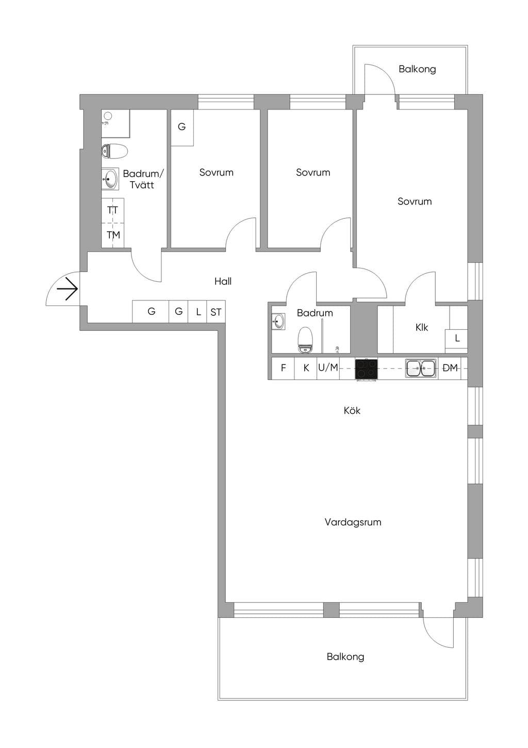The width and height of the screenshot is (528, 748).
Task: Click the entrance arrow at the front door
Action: pos(68,289)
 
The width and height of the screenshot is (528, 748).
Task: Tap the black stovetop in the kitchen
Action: pos(366,369)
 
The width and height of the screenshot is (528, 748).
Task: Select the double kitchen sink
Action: pos(421,369)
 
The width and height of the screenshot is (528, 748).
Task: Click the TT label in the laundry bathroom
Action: pos(113,211)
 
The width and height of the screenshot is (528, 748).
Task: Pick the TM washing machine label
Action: pos(113,235)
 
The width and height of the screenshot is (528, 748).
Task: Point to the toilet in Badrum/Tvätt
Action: pos(114,151)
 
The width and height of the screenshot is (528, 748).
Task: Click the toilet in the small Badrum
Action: pos(305,340)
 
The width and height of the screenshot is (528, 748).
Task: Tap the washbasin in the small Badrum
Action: pos(279,322)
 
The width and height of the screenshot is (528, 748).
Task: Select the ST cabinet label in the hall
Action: pos(216,312)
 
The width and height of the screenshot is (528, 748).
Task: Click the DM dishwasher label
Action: pos(450,368)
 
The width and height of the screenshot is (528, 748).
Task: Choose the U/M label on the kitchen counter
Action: pos(328,368)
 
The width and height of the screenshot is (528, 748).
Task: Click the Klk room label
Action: pos(422,328)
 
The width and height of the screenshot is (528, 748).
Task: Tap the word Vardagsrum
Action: pos(353,522)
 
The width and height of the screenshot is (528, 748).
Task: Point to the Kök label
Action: pos(352,410)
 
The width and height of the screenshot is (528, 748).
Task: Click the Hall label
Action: pos(223,281)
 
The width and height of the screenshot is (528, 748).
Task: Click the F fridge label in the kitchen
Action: pos(283,368)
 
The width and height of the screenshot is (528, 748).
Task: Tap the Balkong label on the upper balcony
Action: pos(417,70)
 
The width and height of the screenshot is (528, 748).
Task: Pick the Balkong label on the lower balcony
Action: pos(345,657)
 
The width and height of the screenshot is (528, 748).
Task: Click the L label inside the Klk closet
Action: pos(457,338)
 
